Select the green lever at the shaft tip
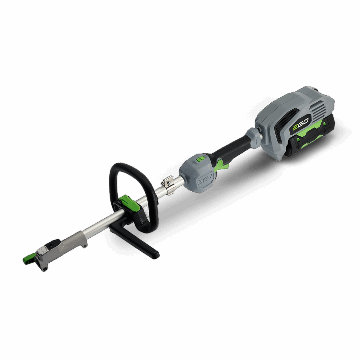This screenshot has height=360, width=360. pyautogui.click(x=28, y=260)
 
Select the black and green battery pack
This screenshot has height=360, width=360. pyautogui.click(x=309, y=139)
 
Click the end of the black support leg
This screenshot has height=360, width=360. pyautogui.click(x=155, y=255)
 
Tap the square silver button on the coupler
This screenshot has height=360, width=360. pyautogui.click(x=42, y=250)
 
